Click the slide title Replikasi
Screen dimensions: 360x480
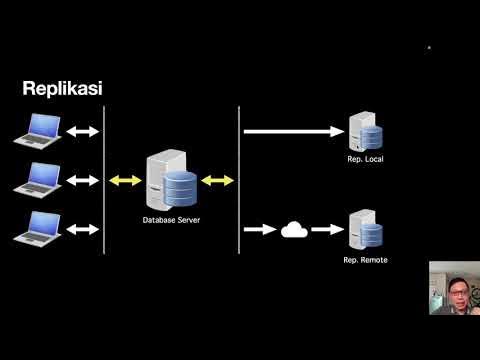62,89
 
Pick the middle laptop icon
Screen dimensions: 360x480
39,180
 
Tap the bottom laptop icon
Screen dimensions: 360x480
39,229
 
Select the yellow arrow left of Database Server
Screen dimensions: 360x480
125,180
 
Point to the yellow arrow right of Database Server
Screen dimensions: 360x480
217,180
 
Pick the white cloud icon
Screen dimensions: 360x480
293,230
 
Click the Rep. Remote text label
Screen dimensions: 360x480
365,260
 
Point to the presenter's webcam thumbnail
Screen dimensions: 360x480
454,288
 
